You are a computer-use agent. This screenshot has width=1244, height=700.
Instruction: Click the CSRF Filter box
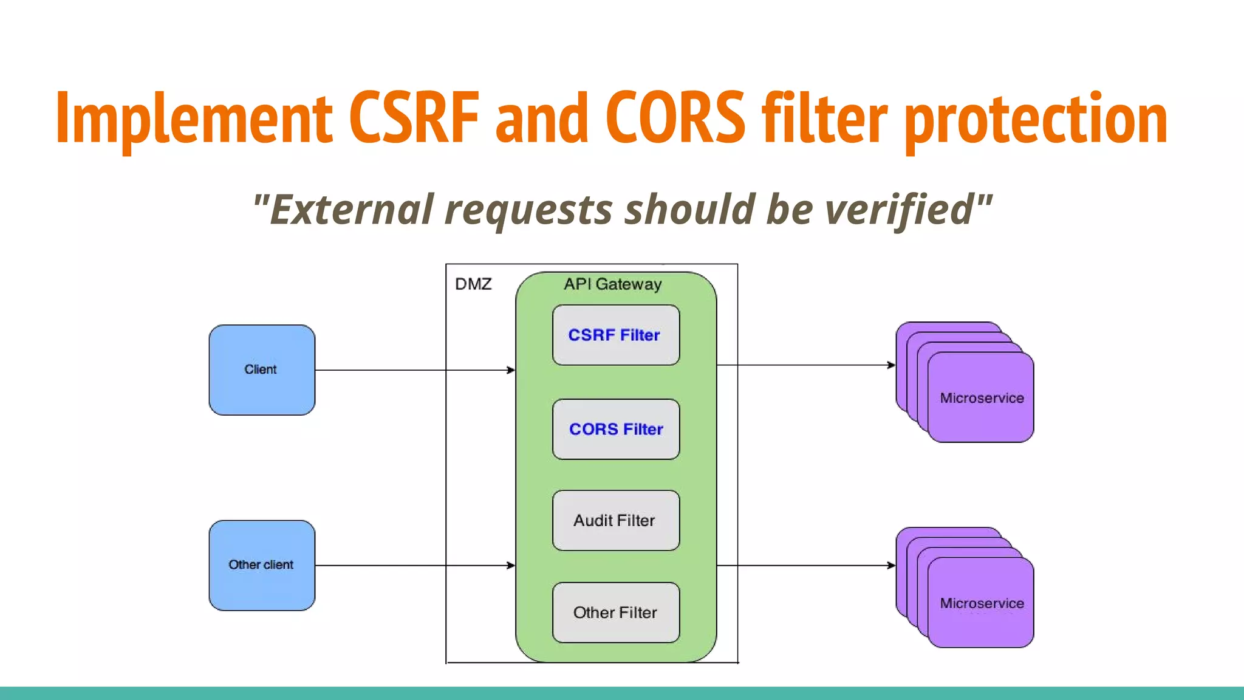tap(615, 335)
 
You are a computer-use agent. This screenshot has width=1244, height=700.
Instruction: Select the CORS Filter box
tap(615, 429)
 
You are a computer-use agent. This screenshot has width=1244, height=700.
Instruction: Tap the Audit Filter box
tap(615, 521)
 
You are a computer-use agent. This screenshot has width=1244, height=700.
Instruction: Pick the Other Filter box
tap(615, 612)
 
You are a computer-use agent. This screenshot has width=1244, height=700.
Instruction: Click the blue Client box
tap(262, 370)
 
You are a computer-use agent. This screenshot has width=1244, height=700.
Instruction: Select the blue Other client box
tap(262, 565)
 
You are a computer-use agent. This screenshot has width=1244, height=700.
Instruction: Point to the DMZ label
tap(473, 284)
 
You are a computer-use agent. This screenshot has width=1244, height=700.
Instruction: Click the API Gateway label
tap(612, 284)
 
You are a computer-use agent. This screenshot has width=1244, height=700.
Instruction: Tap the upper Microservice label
tap(982, 398)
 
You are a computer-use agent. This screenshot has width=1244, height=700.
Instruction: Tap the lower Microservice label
tap(982, 603)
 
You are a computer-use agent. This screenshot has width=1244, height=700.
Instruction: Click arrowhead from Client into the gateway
tap(511, 370)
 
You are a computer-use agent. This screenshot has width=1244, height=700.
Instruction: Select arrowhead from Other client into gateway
tap(511, 565)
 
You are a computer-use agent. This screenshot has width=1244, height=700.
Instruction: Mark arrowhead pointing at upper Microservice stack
tap(891, 365)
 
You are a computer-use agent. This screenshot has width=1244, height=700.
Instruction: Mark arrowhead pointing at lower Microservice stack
tap(891, 565)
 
